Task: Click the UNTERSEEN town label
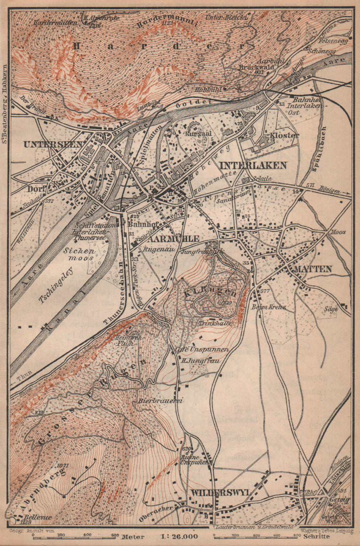coord(53,144)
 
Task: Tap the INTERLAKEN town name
coord(253,166)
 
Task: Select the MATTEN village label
coord(313,269)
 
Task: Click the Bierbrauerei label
coord(161,401)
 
